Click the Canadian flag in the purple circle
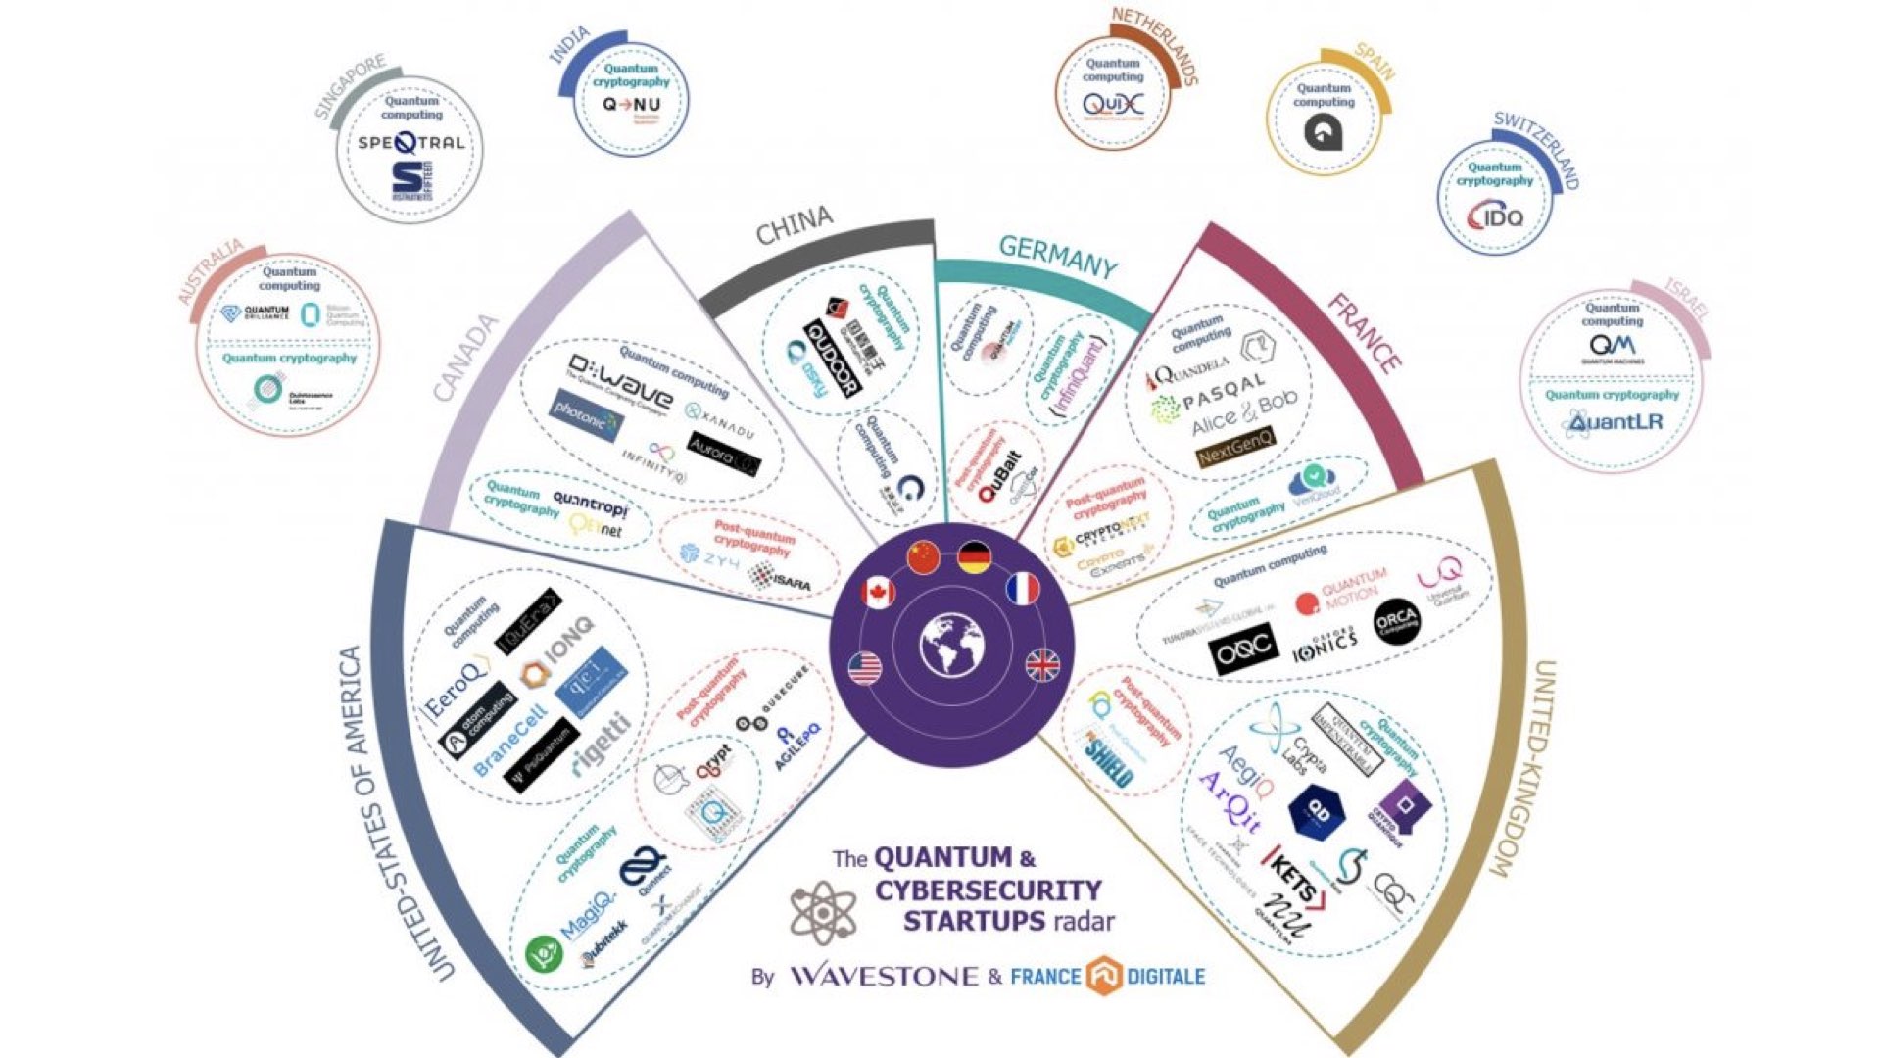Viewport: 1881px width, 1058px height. (877, 593)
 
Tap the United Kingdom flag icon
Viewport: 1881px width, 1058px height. (1041, 665)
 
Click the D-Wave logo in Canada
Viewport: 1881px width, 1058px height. (620, 382)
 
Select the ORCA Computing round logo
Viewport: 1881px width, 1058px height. (1395, 622)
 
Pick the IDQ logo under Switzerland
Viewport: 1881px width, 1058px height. (1494, 216)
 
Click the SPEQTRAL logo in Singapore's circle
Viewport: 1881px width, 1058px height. (410, 143)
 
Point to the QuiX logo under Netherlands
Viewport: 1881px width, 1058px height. (1112, 104)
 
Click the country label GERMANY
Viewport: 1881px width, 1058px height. (1057, 257)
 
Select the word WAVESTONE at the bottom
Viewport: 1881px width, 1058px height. (884, 976)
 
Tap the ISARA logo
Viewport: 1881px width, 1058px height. (780, 580)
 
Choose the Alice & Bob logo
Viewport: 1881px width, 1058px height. (1243, 414)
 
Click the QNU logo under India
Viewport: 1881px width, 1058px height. (631, 105)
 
